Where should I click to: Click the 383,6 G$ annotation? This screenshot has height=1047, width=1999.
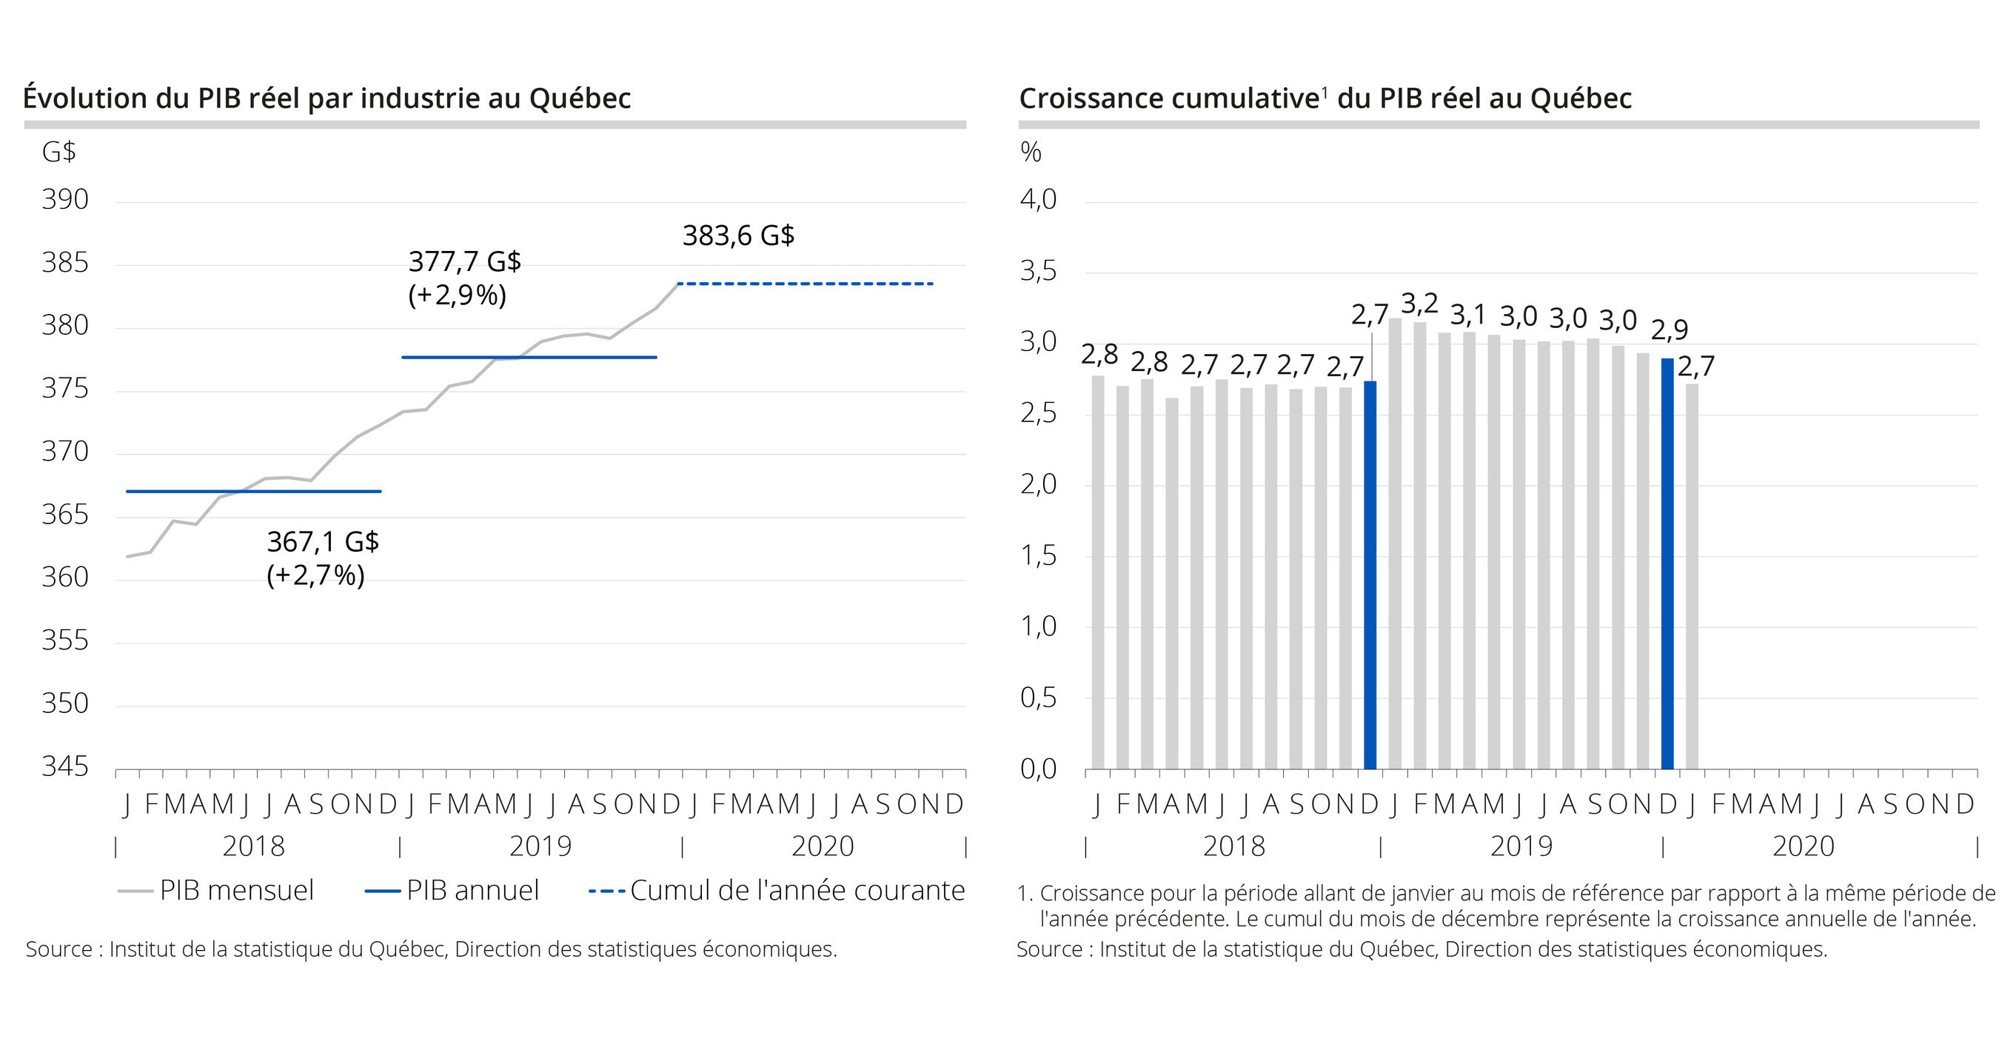point(738,235)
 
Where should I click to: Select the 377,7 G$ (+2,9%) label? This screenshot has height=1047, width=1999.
point(464,278)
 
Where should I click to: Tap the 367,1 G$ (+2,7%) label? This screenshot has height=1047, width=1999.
point(322,558)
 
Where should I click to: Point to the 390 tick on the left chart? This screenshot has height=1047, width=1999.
point(65,199)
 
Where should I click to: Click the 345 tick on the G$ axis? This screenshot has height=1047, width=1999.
point(65,766)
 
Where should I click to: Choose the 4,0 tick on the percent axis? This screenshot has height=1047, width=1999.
point(1038,199)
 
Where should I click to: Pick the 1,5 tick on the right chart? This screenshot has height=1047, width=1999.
point(1038,555)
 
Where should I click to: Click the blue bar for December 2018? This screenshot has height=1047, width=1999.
point(1370,575)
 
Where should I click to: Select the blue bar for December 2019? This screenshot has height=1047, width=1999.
point(1667,563)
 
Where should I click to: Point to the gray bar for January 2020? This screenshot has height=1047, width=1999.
point(1692,576)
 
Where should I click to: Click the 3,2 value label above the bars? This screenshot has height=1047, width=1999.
point(1419,303)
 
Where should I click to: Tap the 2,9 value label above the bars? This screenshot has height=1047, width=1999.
point(1670,330)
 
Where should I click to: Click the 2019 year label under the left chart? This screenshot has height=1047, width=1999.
point(540,846)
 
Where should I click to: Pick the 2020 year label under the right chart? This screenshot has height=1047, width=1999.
point(1803,846)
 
